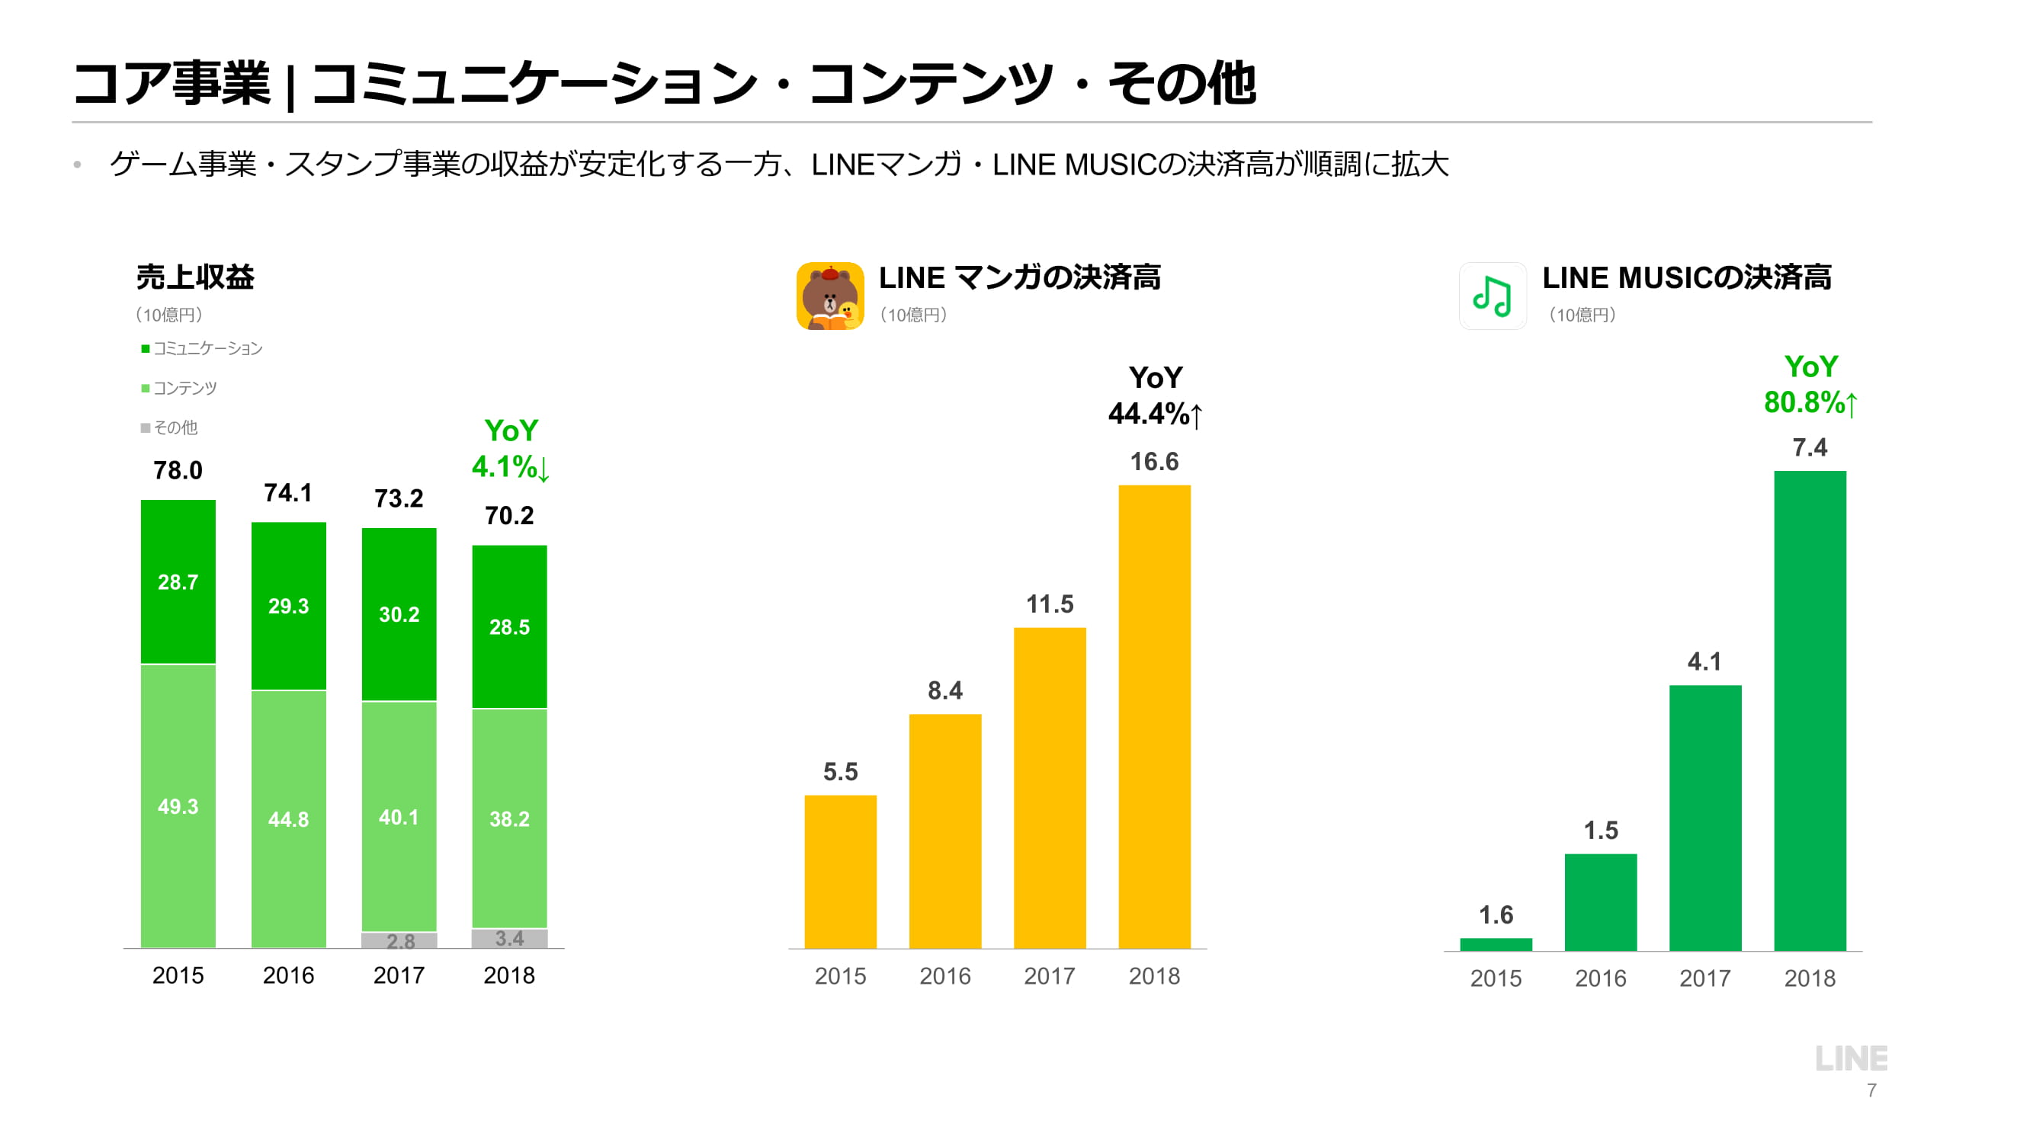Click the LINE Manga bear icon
point(829,296)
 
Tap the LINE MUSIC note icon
point(1492,296)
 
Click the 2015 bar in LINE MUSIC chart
point(1496,944)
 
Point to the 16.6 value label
point(1154,462)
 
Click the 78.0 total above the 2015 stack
point(178,471)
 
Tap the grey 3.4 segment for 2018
point(509,938)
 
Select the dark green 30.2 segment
point(399,613)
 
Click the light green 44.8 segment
point(288,819)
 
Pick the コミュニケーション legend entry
point(202,349)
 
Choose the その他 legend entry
point(170,427)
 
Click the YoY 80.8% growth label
point(1810,385)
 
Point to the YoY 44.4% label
point(1155,396)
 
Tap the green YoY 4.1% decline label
point(511,449)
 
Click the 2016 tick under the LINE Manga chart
point(944,976)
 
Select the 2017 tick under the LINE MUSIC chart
point(1704,978)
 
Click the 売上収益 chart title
point(195,277)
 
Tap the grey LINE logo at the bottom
point(1851,1058)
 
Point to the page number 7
point(1871,1091)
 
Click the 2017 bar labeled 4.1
point(1704,817)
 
